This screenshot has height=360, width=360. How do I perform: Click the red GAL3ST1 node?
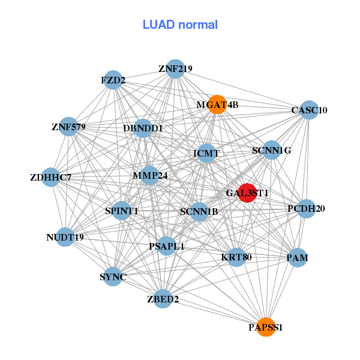247,193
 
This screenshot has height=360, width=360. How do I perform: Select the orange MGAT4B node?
217,104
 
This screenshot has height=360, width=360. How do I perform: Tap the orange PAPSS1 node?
266,327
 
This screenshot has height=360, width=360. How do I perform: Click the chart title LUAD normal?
180,25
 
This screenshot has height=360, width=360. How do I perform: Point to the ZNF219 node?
175,69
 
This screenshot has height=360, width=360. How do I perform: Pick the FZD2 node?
113,80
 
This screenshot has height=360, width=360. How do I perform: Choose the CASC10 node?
309,110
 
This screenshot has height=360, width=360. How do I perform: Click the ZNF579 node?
68,127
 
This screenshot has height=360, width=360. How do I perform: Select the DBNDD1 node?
143,128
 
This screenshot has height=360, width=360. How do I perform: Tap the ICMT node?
206,153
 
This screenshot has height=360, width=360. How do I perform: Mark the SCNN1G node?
271,150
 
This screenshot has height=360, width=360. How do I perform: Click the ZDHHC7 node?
51,177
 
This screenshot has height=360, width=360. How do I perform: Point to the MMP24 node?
149,175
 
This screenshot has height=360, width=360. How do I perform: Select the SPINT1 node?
121,211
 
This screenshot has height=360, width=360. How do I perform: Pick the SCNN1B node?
199,212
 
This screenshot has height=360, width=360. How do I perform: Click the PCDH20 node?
306,209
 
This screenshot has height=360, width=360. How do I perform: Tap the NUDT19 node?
65,237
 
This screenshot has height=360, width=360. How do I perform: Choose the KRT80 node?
236,257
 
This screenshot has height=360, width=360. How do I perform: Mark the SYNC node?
113,277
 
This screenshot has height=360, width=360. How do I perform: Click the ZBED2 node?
163,299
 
